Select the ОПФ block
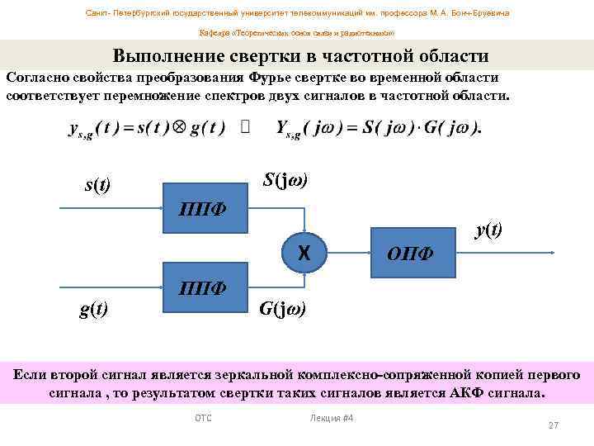(412, 250)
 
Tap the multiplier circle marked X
(304, 250)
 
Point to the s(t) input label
(98, 185)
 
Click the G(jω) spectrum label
(282, 310)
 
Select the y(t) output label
(488, 230)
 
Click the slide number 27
(554, 425)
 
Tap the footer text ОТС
(203, 418)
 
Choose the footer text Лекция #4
(332, 418)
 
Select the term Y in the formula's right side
(284, 130)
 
